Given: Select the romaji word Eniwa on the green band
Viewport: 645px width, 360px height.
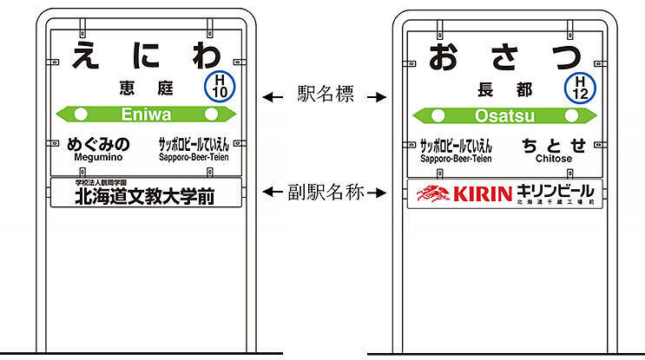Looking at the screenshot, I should click(146, 114).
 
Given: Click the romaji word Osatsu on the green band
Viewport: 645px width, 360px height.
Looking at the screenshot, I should click(504, 115).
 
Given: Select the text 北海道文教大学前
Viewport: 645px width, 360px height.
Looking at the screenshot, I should click(144, 197).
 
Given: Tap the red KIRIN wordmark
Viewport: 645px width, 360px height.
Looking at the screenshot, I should click(483, 193).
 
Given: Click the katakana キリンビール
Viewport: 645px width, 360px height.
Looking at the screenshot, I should click(556, 190).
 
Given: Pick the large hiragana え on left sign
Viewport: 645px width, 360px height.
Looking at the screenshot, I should click(84, 54).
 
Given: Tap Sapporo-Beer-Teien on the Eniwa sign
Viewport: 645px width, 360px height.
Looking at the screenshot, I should click(194, 158).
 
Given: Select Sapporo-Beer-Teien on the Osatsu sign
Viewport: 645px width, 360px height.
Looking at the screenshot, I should click(456, 159).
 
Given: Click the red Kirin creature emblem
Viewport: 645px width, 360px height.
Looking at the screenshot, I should click(433, 193).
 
